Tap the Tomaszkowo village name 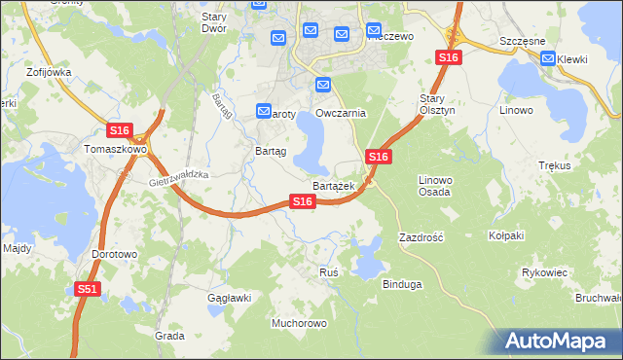point(114,150)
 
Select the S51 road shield point(87,289)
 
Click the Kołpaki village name point(506,235)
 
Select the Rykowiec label point(544,272)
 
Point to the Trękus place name point(554,166)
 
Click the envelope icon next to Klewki point(549,59)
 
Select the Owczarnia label point(340,113)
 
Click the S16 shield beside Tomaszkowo point(119,130)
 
